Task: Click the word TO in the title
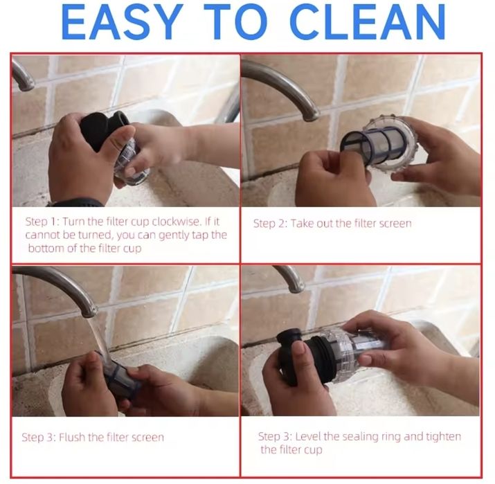[236, 21]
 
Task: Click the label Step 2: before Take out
[270, 224]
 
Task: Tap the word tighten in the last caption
[443, 437]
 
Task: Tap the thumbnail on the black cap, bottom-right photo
[299, 348]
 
